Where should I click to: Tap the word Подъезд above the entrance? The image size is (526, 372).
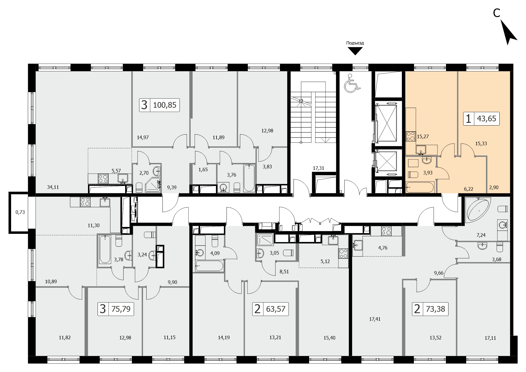click(x=355, y=43)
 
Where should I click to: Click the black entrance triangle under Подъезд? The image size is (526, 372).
click(x=355, y=52)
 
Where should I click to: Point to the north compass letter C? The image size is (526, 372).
click(x=497, y=13)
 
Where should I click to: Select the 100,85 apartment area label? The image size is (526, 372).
click(x=165, y=105)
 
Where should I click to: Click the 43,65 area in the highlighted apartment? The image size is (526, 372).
click(x=487, y=119)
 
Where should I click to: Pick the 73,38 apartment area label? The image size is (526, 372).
click(x=435, y=309)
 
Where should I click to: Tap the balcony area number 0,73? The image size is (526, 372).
click(x=20, y=212)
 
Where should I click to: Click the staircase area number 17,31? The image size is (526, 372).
click(x=318, y=168)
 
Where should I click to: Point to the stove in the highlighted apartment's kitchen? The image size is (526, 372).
click(x=410, y=137)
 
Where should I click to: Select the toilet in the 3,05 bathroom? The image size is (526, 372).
click(x=288, y=253)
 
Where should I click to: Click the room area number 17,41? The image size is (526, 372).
click(x=375, y=319)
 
